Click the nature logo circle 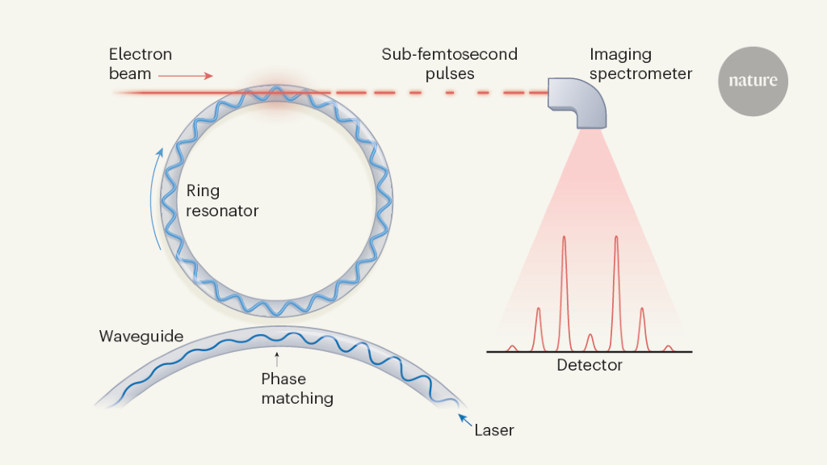(753, 81)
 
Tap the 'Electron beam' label (141, 64)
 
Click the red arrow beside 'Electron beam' (185, 76)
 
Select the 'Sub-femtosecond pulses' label (450, 64)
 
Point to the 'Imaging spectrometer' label (640, 64)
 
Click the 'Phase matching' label (296, 388)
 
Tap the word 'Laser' (493, 430)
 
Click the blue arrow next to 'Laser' (465, 419)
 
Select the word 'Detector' (590, 366)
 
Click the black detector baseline (590, 352)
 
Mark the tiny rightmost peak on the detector (668, 348)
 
